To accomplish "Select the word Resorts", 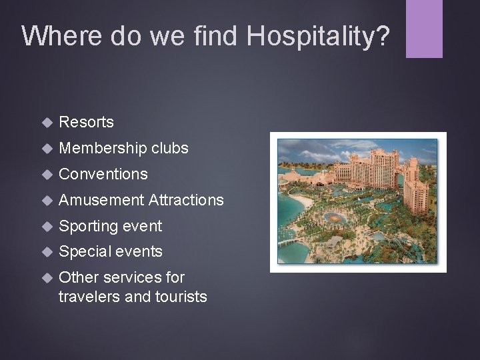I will point(86,122).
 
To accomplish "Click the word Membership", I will point(103,148).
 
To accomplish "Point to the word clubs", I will point(170,148).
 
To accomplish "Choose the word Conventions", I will point(103,174).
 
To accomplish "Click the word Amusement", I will point(101,200).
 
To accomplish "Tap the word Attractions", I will point(187,200).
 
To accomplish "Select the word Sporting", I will point(88,226).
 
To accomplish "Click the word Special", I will point(84,252).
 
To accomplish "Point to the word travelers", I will point(87,295).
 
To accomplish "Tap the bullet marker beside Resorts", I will point(46,123).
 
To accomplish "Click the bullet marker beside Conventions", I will point(46,175).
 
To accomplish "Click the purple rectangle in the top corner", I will point(425,28).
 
